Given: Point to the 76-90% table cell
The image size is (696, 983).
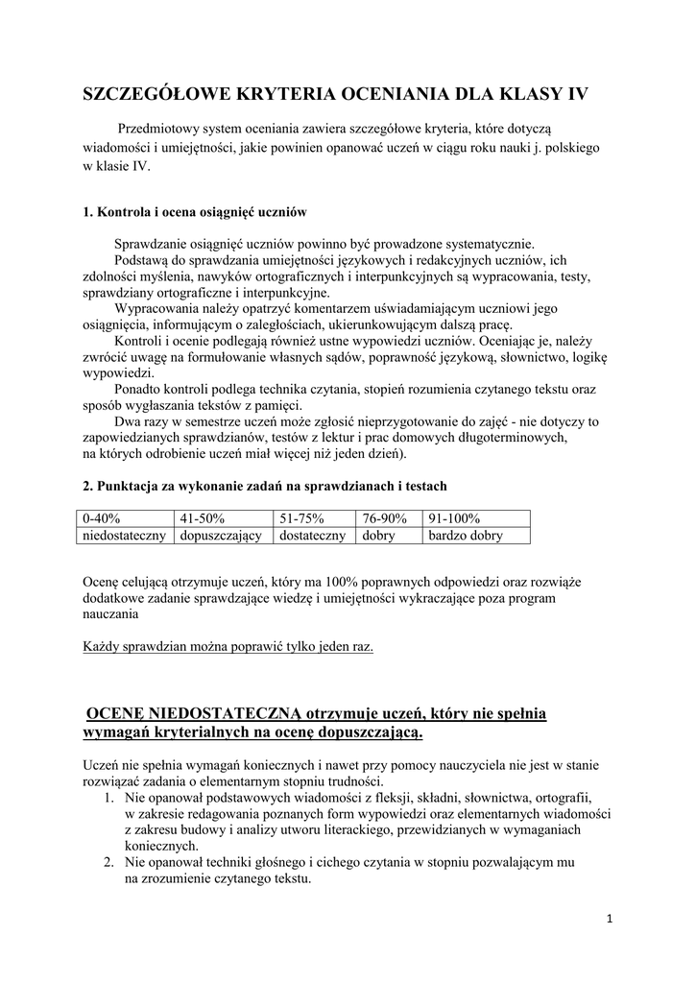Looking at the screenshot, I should [x=385, y=518].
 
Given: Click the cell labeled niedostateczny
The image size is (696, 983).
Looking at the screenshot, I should [x=126, y=536].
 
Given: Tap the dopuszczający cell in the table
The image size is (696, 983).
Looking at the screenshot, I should [x=221, y=536].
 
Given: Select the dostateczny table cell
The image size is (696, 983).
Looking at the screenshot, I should [x=313, y=536].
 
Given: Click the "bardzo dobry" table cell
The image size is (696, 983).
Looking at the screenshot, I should [x=466, y=536].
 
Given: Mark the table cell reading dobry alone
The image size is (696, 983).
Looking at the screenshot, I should [x=378, y=536].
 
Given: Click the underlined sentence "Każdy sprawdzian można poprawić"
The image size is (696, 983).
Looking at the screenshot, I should [x=228, y=646].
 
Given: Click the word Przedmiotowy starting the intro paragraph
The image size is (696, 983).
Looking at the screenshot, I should [x=164, y=128].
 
